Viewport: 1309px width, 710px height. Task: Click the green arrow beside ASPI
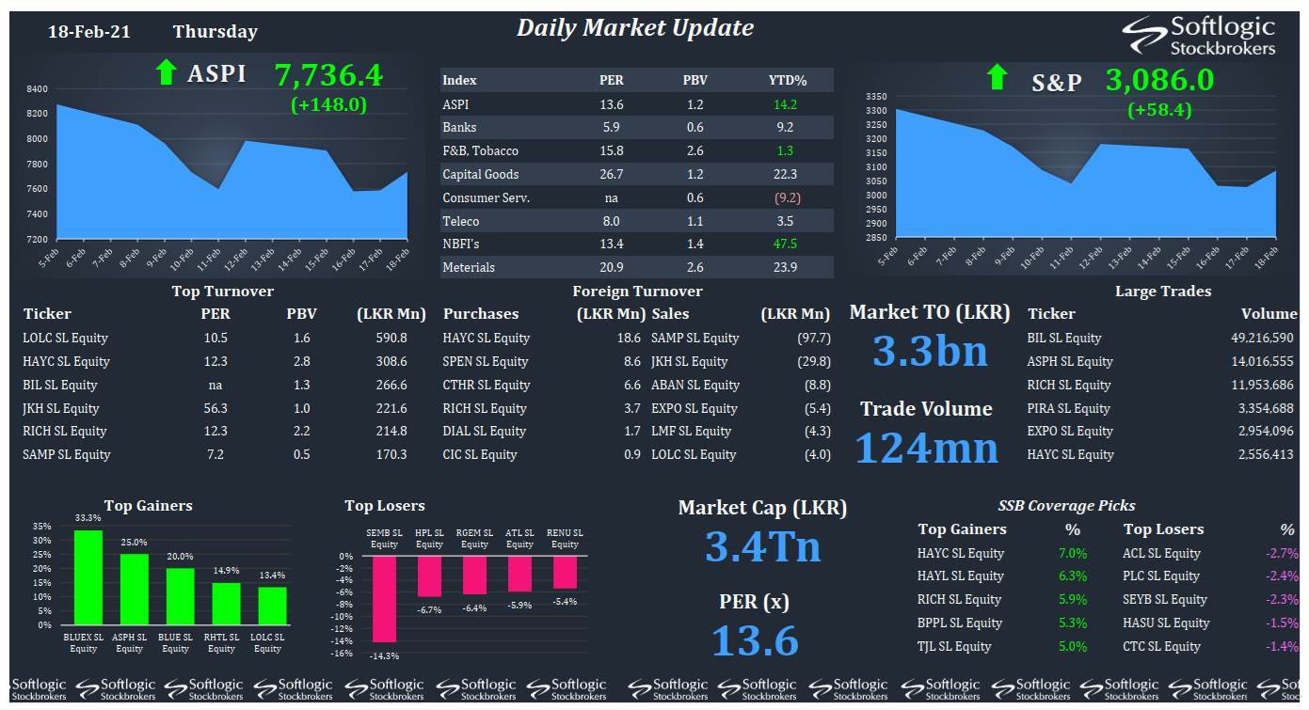166,73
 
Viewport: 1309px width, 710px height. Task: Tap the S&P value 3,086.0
1159,80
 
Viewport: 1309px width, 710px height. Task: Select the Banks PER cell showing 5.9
612,127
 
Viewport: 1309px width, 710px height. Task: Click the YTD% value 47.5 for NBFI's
785,244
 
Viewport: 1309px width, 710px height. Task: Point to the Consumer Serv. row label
486,197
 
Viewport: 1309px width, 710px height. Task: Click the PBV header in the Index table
694,80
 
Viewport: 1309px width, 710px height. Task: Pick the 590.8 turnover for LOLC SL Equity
391,338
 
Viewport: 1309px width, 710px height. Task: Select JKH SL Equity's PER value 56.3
216,408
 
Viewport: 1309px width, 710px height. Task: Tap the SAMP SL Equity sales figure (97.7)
813,338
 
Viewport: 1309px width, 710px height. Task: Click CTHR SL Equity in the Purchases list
487,385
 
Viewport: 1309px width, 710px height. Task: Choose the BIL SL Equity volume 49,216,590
1262,338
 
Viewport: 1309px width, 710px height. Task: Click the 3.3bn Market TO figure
930,352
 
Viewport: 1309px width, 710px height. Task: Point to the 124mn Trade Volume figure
926,449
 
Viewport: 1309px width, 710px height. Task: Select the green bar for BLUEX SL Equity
88,577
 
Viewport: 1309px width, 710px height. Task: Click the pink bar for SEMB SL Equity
384,599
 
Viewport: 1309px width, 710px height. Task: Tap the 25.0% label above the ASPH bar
134,543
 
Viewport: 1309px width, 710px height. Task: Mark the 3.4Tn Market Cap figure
762,547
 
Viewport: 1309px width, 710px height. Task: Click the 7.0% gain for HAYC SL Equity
1073,553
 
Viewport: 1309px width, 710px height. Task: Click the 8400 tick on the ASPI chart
37,88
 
